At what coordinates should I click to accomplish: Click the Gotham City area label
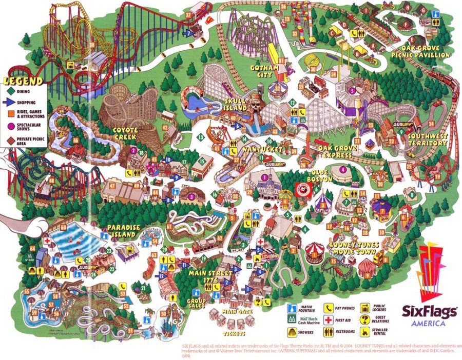tap(265, 71)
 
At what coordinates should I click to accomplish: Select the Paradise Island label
tap(121, 231)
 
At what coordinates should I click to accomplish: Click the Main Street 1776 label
tap(211, 277)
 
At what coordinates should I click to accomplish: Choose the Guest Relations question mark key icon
tap(365, 319)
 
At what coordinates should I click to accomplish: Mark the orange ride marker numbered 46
tap(75, 140)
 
